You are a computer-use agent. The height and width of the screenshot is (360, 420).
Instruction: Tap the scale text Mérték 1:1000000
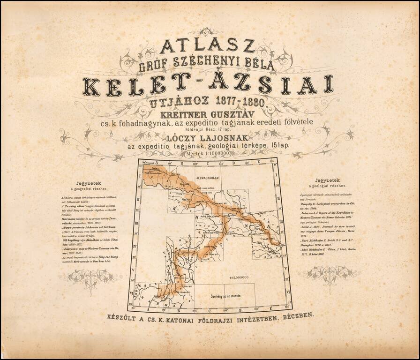[210, 153]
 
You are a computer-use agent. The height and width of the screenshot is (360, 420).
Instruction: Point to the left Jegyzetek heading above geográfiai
[88, 184]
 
